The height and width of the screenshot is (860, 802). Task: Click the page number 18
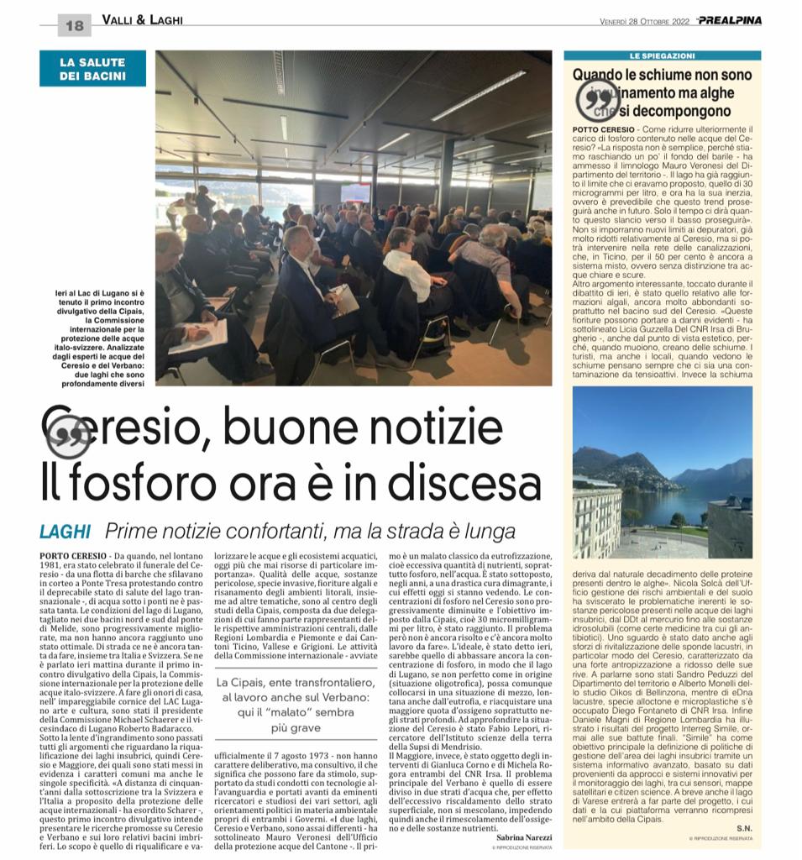[74, 26]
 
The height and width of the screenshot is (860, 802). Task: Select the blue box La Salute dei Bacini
[92, 69]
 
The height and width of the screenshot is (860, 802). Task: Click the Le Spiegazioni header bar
[662, 55]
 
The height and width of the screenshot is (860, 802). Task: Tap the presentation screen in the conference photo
[354, 192]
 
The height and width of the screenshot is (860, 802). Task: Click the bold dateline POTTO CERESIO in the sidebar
[600, 130]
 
